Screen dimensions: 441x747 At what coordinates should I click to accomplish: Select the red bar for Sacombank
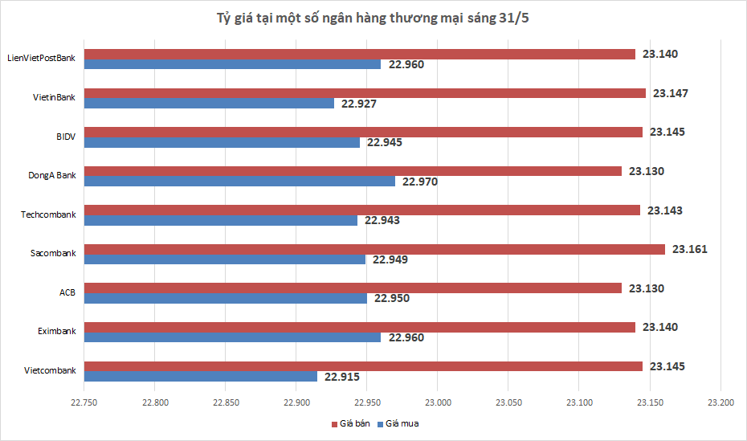pos(375,249)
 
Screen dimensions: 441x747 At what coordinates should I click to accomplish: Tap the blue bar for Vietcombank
pos(201,376)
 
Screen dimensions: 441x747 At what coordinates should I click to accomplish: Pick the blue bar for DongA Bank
pos(240,182)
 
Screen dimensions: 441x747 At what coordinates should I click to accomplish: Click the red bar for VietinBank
pos(365,93)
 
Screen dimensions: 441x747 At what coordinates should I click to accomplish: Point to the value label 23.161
pos(690,249)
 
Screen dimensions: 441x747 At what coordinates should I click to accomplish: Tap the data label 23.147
pos(671,93)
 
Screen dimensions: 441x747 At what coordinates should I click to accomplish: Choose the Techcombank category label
pos(49,214)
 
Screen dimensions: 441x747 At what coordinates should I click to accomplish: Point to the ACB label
pos(67,292)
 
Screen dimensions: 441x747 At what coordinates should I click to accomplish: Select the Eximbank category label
pos(56,331)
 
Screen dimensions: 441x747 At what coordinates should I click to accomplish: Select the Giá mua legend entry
pos(402,423)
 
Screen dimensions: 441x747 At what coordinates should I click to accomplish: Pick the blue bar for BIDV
pos(222,142)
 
